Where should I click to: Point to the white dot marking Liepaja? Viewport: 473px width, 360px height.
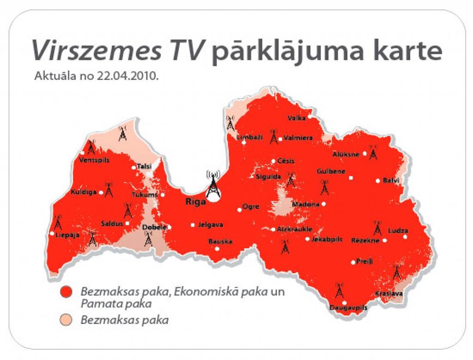(x=52, y=234)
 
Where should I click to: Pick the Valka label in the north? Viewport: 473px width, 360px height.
(x=297, y=118)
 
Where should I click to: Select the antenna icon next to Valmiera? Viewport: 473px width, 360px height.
(x=273, y=137)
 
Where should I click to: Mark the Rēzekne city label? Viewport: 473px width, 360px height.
(x=365, y=240)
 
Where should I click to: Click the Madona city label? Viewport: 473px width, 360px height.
(x=305, y=204)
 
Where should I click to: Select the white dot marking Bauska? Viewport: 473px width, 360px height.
(x=217, y=249)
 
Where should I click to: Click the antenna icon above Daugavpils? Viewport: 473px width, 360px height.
(x=339, y=291)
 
